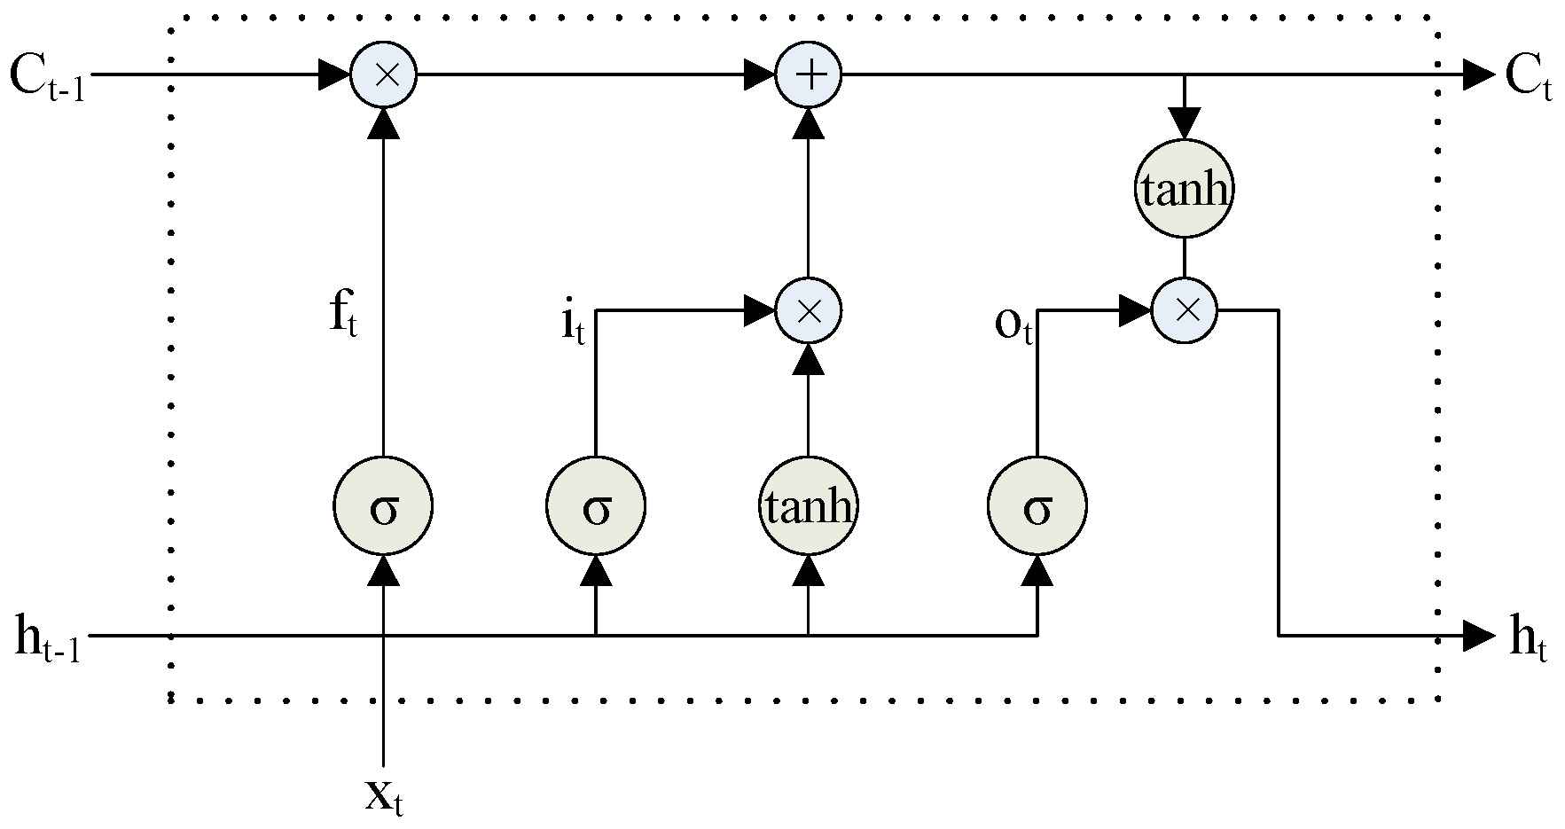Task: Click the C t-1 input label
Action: [x=46, y=78]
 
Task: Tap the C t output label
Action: [x=1528, y=78]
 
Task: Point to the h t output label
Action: [x=1527, y=640]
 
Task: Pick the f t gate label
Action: [x=343, y=314]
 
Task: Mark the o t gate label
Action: [x=1013, y=326]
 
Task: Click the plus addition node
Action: [x=808, y=74]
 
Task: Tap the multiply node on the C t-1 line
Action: [x=383, y=74]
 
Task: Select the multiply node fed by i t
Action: [x=808, y=310]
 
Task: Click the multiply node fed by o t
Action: [x=1185, y=310]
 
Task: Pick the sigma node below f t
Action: [x=383, y=507]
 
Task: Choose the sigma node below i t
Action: [x=595, y=507]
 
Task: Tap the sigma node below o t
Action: [x=1037, y=507]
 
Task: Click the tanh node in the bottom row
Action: [x=808, y=507]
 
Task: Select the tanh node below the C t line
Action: [x=1185, y=189]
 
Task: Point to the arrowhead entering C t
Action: [x=1479, y=74]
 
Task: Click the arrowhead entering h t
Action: [x=1479, y=635]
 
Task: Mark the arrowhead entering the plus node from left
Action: [x=760, y=74]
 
